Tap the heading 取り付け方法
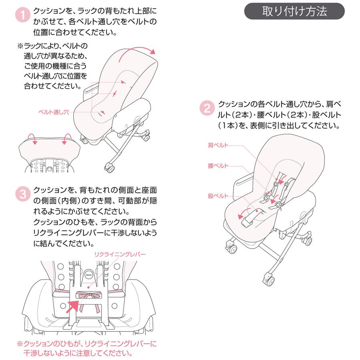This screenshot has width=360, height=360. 294,11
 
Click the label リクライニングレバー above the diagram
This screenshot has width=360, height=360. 120,254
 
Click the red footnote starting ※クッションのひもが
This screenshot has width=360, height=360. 87,348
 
